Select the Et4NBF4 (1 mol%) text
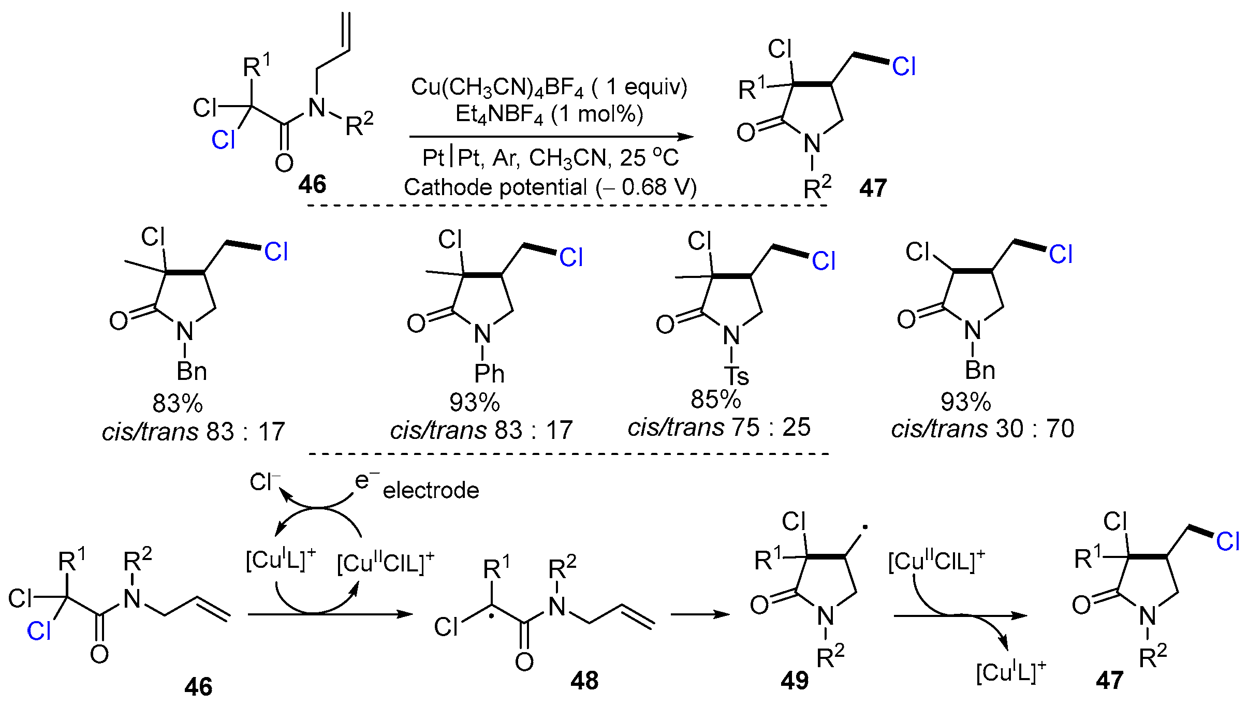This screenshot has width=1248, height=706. click(549, 114)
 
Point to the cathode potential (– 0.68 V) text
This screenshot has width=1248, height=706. click(550, 187)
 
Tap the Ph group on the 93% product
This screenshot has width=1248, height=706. click(489, 373)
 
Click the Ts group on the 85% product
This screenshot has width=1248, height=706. click(736, 375)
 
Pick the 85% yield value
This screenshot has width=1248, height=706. click(715, 399)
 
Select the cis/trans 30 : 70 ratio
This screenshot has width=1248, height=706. click(982, 429)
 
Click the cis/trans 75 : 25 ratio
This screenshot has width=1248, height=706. click(718, 428)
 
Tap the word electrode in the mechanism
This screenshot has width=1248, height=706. click(431, 490)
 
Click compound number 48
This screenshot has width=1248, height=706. click(584, 681)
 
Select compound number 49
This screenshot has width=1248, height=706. click(795, 681)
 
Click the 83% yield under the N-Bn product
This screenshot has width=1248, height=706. click(178, 403)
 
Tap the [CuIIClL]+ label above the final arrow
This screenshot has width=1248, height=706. click(936, 561)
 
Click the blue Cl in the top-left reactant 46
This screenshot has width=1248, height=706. click(223, 140)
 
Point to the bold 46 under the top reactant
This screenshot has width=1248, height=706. click(312, 184)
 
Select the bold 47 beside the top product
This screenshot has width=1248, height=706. click(873, 188)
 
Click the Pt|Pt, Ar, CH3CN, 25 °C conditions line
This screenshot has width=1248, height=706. click(550, 158)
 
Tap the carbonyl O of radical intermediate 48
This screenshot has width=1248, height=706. click(524, 661)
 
